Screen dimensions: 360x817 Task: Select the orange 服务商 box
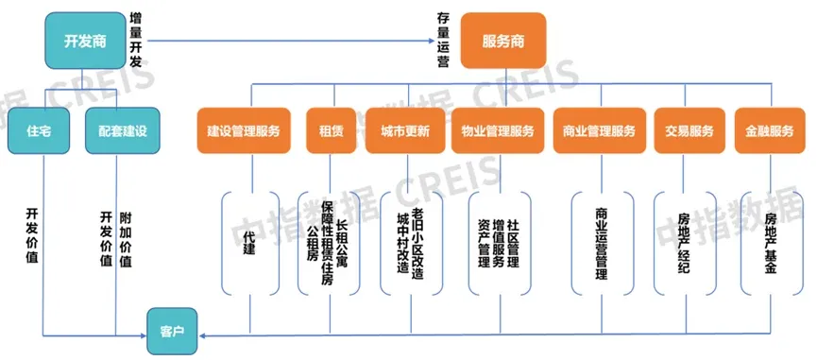click(502, 41)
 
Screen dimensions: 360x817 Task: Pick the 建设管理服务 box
click(244, 131)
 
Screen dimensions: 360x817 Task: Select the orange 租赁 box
click(324, 131)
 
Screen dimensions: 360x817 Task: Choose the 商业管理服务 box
click(594, 131)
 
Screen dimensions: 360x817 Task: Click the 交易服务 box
click(683, 131)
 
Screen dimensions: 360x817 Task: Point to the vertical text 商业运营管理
click(601, 245)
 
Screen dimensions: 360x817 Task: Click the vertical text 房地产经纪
click(684, 244)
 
